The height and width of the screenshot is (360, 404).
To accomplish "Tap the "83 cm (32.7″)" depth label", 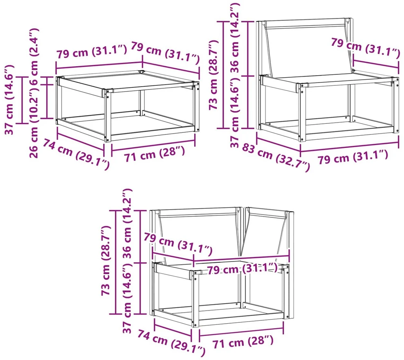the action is coord(276,157).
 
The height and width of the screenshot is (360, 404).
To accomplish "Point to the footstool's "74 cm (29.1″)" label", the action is coord(76,154).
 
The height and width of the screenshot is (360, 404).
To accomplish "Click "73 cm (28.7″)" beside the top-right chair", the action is coord(213,75).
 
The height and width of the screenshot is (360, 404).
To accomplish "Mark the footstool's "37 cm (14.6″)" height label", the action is coord(9,99).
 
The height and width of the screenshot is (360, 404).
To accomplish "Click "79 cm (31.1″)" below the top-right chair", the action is coord(353,157).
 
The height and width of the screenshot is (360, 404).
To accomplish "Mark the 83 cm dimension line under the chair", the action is coord(278,145).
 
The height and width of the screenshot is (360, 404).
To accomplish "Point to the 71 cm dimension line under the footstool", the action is coord(153,145).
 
